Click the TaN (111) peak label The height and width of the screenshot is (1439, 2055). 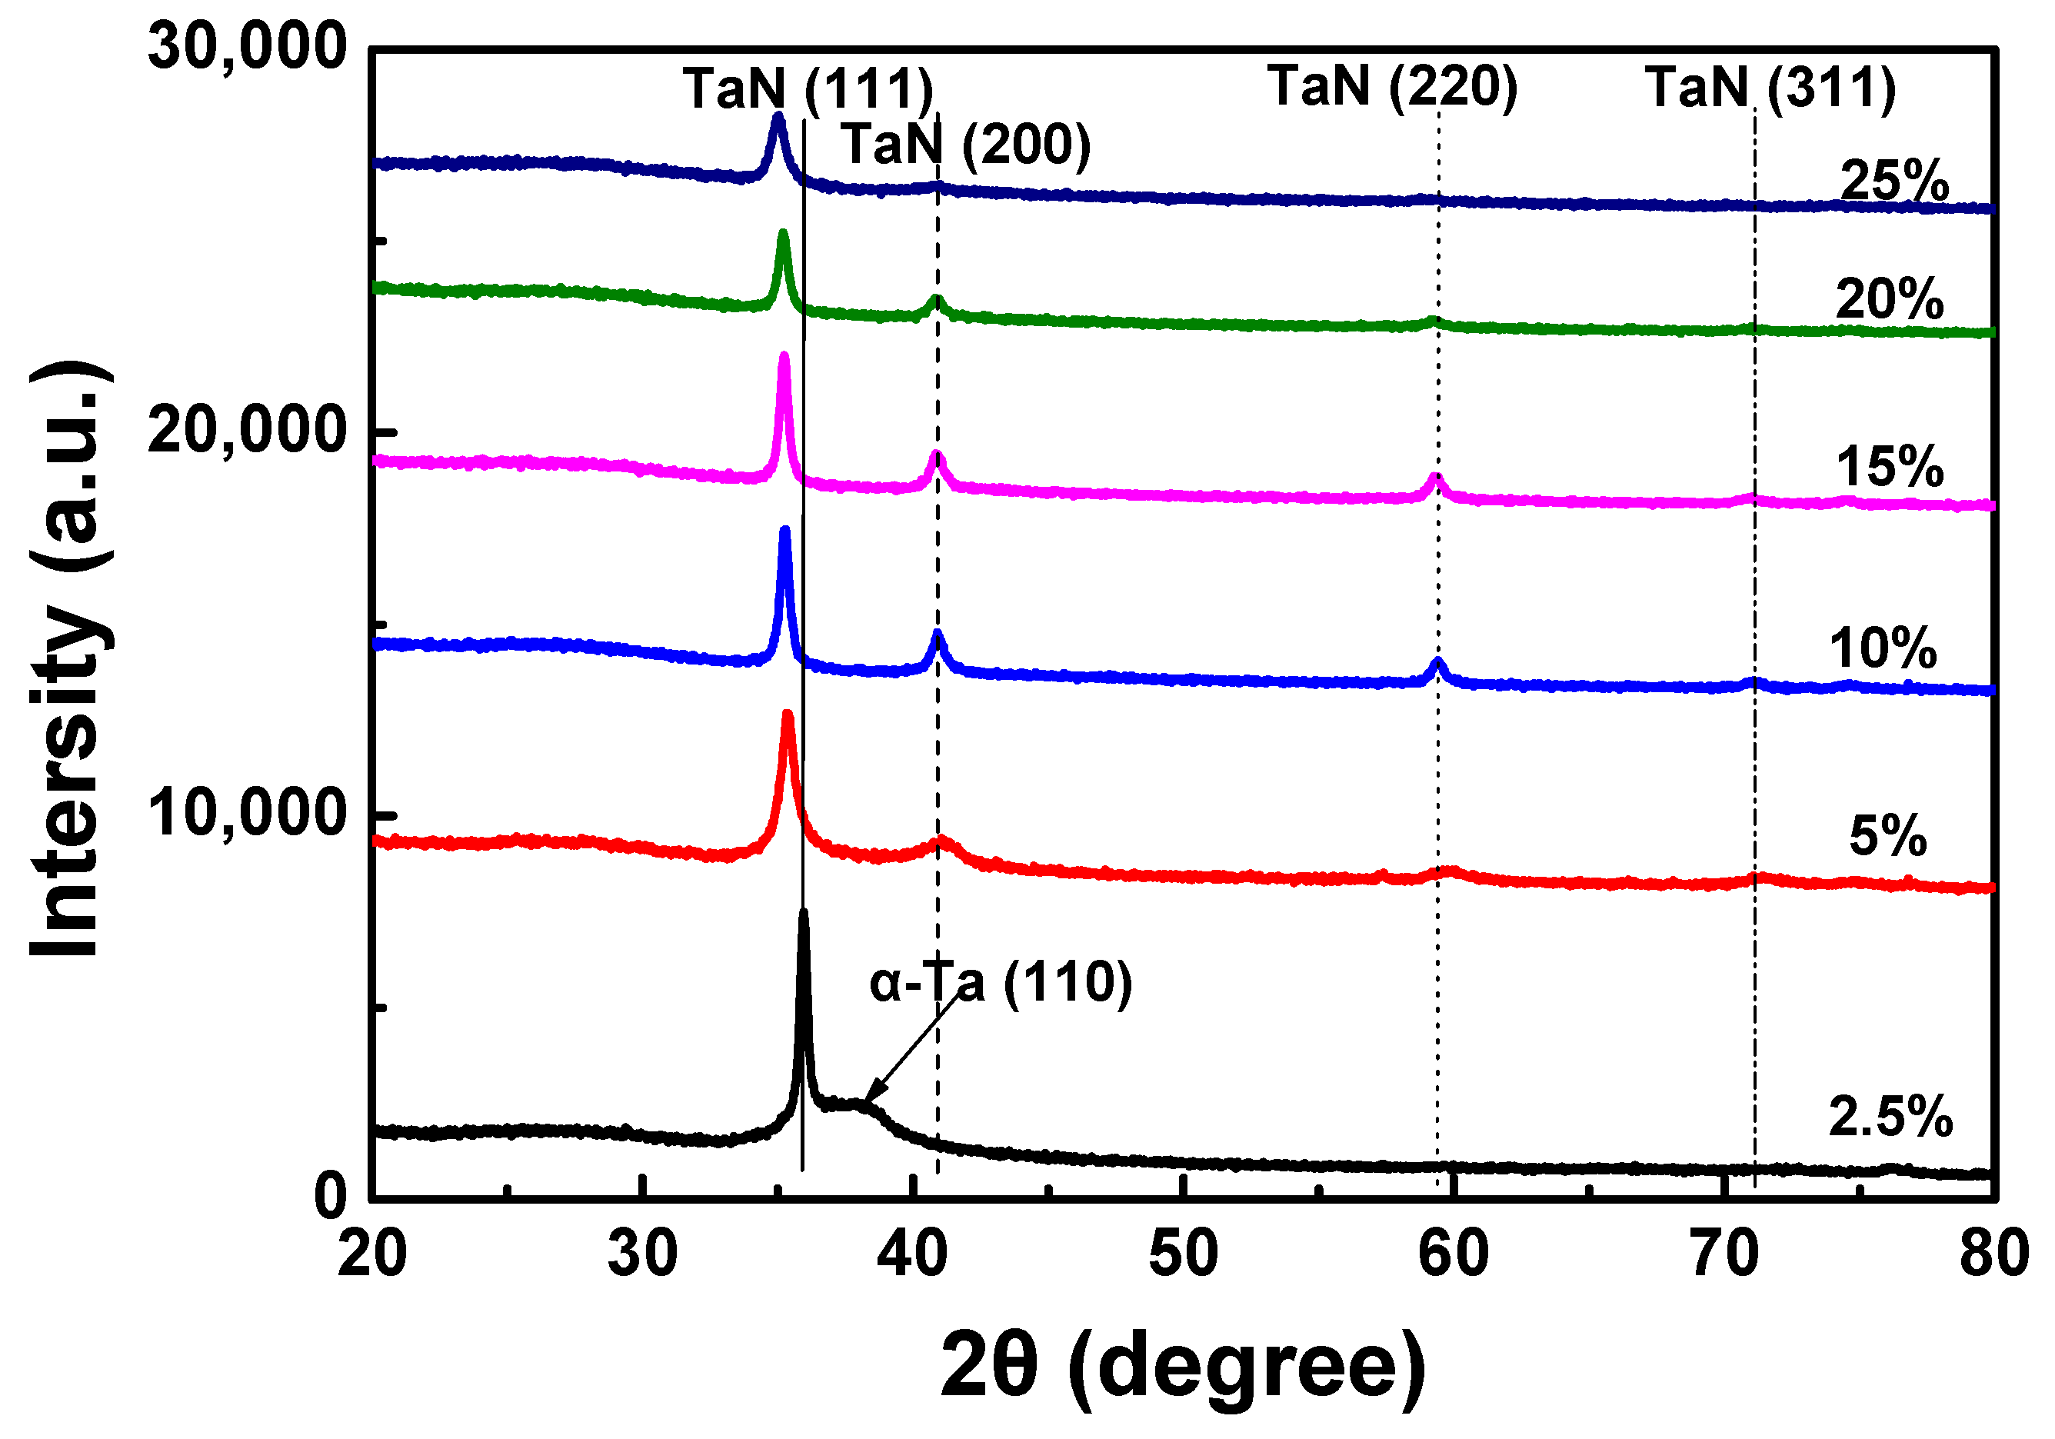(808, 88)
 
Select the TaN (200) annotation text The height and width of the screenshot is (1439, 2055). (966, 145)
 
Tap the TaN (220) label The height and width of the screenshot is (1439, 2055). (1393, 86)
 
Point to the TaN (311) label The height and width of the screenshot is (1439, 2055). (1770, 88)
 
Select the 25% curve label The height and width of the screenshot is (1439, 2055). (1895, 181)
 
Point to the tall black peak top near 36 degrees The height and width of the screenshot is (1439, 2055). (803, 914)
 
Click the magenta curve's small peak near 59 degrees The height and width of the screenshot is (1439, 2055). (1437, 478)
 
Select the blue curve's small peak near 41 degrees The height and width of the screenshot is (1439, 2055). (937, 635)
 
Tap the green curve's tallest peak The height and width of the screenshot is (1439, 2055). (783, 235)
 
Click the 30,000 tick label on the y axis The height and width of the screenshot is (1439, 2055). (247, 47)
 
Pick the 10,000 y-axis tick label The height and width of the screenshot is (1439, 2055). (247, 814)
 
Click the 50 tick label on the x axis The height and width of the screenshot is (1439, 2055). (1183, 1254)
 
